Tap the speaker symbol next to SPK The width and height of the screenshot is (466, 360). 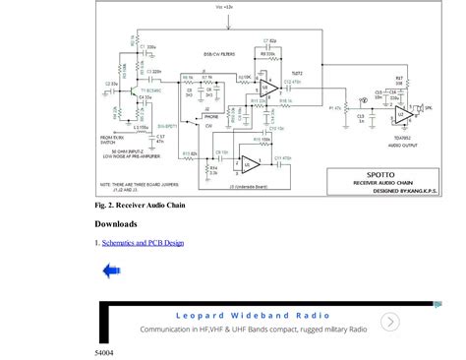pyautogui.click(x=430, y=108)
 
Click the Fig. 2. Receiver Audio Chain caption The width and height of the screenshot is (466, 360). pyautogui.click(x=140, y=206)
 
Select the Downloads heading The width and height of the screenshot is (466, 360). pyautogui.click(x=116, y=223)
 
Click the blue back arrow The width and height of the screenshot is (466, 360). pyautogui.click(x=112, y=271)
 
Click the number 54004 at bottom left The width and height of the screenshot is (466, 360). pyautogui.click(x=104, y=351)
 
